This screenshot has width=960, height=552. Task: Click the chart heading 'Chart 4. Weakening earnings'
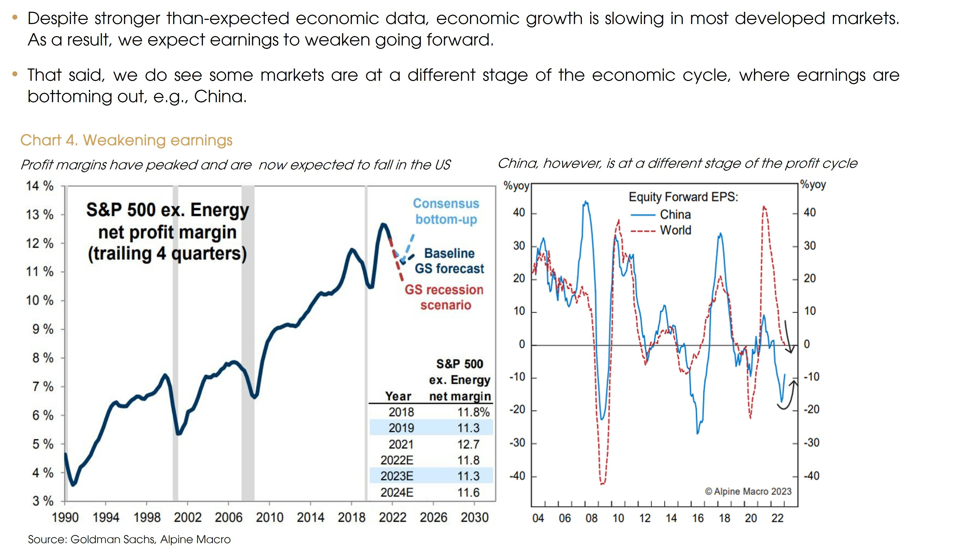(x=126, y=140)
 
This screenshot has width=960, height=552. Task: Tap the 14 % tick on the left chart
(x=39, y=186)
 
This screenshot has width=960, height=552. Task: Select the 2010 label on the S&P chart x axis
(x=269, y=517)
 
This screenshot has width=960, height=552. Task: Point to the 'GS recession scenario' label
(x=444, y=297)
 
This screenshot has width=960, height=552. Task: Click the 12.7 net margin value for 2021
(x=468, y=444)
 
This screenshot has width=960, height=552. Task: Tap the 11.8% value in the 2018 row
(x=473, y=412)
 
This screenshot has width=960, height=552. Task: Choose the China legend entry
(x=675, y=215)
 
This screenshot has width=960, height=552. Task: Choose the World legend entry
(x=675, y=230)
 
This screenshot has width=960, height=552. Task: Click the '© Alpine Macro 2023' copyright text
(x=748, y=491)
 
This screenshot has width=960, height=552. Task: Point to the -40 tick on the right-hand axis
(x=811, y=476)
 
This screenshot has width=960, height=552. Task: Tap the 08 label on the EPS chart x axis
(x=591, y=518)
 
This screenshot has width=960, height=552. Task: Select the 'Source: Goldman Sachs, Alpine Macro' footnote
(x=129, y=539)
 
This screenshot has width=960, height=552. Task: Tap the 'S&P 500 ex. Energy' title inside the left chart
(x=167, y=210)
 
